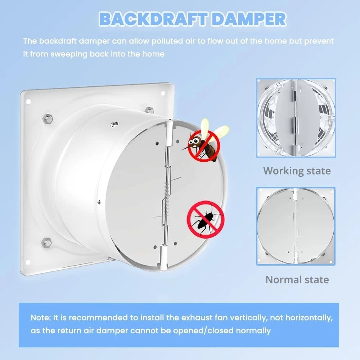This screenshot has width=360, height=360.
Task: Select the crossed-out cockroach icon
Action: pos(206,219)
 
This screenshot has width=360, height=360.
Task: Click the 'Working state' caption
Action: pos(297,171)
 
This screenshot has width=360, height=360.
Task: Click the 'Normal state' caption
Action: pos(297,280)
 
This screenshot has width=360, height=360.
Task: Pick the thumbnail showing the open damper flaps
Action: pos(296,118)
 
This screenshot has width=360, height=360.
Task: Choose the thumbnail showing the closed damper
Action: pos(296,226)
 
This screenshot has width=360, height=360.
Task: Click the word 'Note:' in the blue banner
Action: pos(41,318)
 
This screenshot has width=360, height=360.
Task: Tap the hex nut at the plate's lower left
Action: pos(46,243)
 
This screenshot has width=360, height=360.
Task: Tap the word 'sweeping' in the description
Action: pos(69,54)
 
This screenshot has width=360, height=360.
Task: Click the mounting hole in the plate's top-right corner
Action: pos(163,93)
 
